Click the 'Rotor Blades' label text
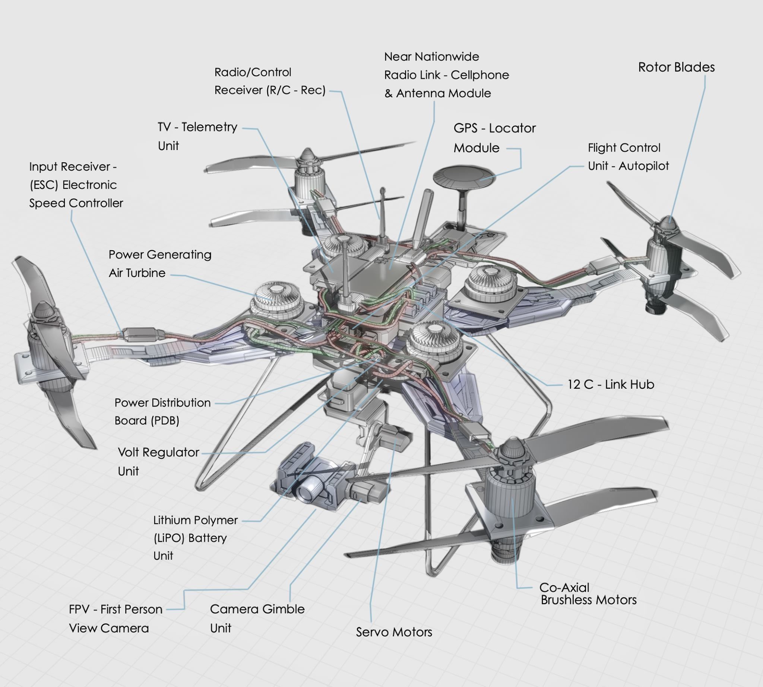pyautogui.click(x=676, y=67)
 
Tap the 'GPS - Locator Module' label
pyautogui.click(x=494, y=138)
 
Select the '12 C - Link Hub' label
pyautogui.click(x=610, y=384)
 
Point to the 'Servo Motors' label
pyautogui.click(x=393, y=632)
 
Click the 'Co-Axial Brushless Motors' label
pyautogui.click(x=588, y=594)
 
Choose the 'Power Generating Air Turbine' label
pyautogui.click(x=160, y=264)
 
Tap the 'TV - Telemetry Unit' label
pyautogui.click(x=197, y=136)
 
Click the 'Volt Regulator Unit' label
pyautogui.click(x=158, y=461)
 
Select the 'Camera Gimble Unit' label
pyautogui.click(x=257, y=618)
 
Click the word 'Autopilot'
pyautogui.click(x=643, y=166)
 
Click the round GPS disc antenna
pyautogui.click(x=463, y=175)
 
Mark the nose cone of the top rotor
pyautogui.click(x=308, y=155)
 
